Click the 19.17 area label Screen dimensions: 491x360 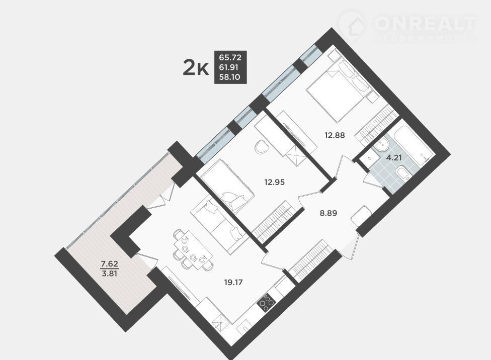(233, 283)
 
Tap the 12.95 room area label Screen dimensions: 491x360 (275, 182)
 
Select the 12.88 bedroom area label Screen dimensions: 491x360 (335, 135)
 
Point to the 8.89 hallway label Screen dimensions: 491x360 (328, 213)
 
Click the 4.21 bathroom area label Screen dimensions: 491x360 (394, 157)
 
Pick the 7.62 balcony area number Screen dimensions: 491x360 (109, 264)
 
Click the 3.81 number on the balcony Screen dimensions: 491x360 (109, 274)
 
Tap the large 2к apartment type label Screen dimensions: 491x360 (196, 68)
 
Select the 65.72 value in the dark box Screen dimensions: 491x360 (230, 57)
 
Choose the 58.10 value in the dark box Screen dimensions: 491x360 (230, 77)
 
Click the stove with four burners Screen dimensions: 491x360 (266, 303)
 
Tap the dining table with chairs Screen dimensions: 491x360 (193, 250)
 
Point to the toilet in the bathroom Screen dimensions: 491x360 (402, 174)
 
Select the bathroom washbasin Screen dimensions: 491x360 (381, 145)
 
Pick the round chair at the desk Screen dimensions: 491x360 (262, 147)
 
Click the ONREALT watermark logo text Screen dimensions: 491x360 (425, 23)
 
